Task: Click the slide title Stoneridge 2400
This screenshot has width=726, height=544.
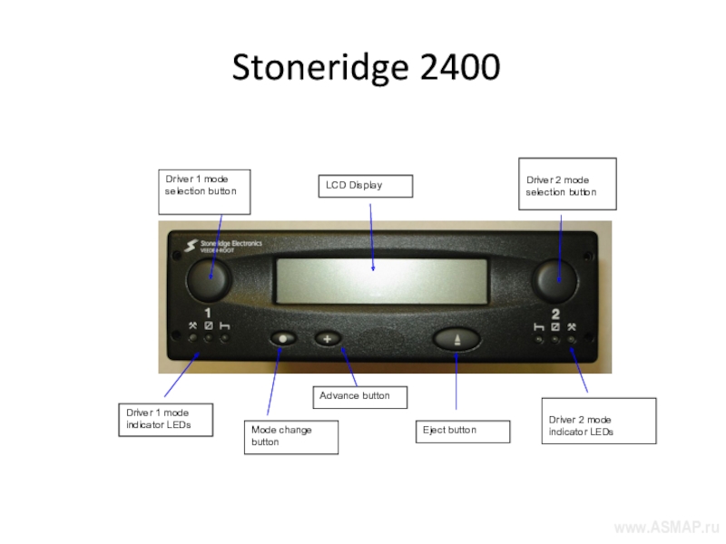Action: (x=366, y=68)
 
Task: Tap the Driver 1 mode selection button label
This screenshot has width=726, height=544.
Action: (x=204, y=186)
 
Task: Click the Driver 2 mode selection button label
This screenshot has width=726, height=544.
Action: (x=567, y=185)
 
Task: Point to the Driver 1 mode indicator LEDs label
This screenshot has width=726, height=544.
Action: (x=165, y=420)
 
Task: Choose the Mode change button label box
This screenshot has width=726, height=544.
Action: (x=290, y=436)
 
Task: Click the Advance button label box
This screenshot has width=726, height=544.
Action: (x=359, y=396)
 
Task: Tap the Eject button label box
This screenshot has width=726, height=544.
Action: (x=463, y=431)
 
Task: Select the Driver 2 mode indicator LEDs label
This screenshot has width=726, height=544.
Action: (x=597, y=421)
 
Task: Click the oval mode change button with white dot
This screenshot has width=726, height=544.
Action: (x=284, y=338)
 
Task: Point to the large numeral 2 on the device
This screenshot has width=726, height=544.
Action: (x=555, y=314)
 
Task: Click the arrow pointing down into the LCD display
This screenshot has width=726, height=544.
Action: (x=372, y=236)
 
